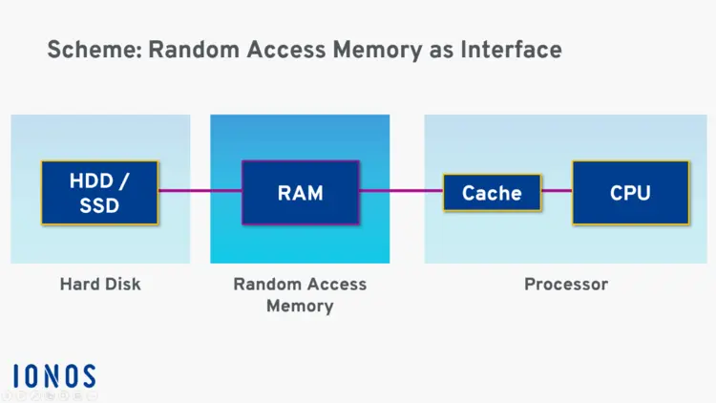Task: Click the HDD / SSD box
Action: (x=99, y=192)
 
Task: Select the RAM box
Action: (x=300, y=193)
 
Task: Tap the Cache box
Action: (x=492, y=193)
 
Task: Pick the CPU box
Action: (x=630, y=193)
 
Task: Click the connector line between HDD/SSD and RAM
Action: (x=200, y=191)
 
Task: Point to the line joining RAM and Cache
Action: (x=401, y=192)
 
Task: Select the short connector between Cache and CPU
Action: (x=557, y=191)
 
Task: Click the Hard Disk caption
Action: (x=100, y=284)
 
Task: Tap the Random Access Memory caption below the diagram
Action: (x=300, y=295)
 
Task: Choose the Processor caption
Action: (x=566, y=284)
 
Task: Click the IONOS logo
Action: (x=54, y=375)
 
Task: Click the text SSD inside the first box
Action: (x=99, y=204)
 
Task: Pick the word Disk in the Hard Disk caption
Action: (x=122, y=284)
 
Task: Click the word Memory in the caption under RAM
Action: (x=300, y=307)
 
